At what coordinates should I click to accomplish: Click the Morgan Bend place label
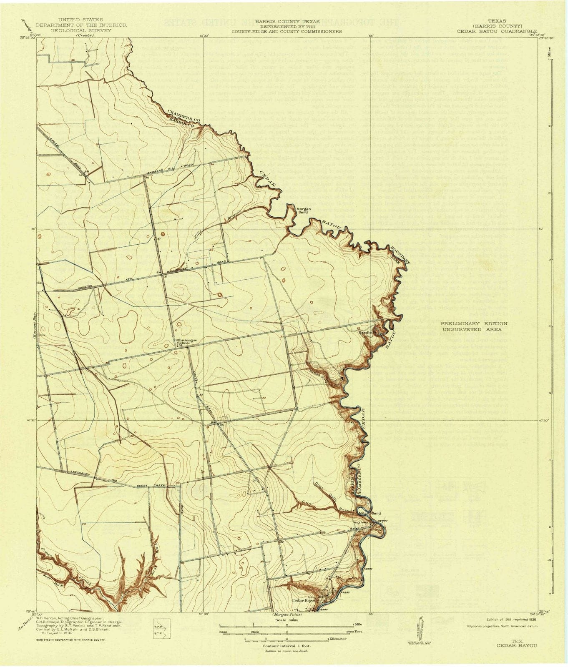click(302, 211)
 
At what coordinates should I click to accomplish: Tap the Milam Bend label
click(370, 513)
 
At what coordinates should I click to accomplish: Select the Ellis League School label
click(186, 341)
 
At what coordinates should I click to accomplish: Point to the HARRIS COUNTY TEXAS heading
click(287, 21)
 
